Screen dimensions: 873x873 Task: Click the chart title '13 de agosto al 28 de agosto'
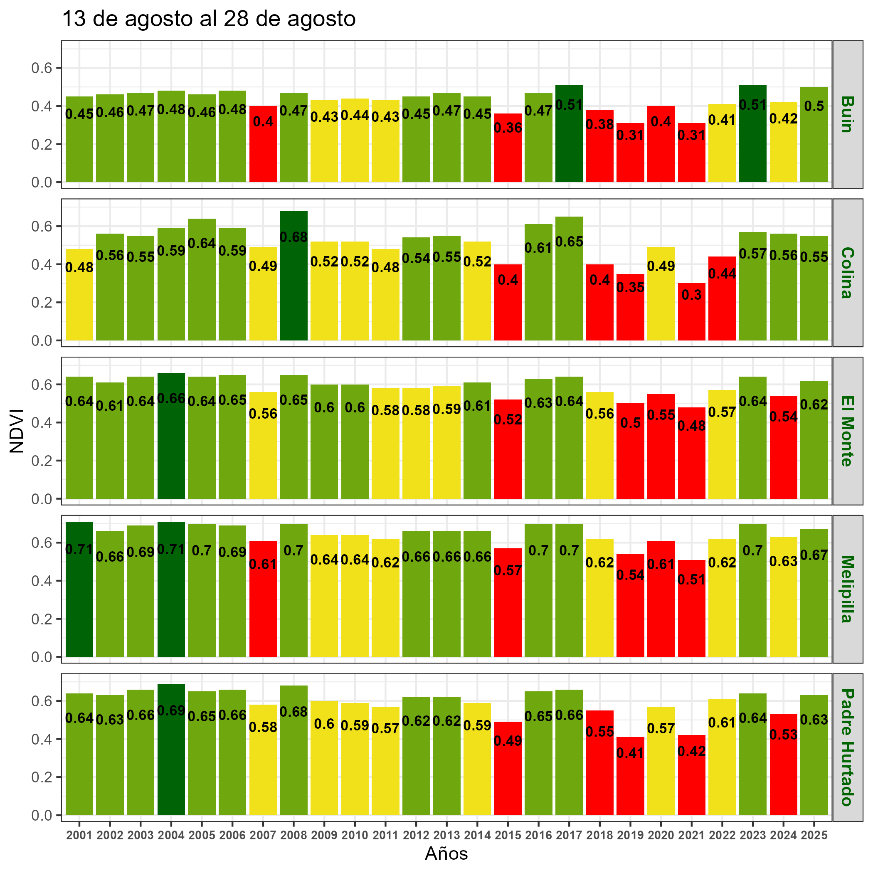(x=208, y=20)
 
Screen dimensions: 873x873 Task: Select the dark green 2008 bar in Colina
(x=294, y=289)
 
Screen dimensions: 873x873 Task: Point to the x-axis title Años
(x=446, y=853)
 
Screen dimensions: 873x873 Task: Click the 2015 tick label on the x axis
(x=508, y=836)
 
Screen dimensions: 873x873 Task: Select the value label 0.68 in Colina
(x=294, y=237)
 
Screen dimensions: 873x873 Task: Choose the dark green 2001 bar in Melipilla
(x=79, y=601)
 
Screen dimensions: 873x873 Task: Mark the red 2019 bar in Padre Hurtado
(x=630, y=782)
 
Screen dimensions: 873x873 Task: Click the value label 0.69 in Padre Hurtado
(x=171, y=710)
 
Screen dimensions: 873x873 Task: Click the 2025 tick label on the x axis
(x=814, y=836)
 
